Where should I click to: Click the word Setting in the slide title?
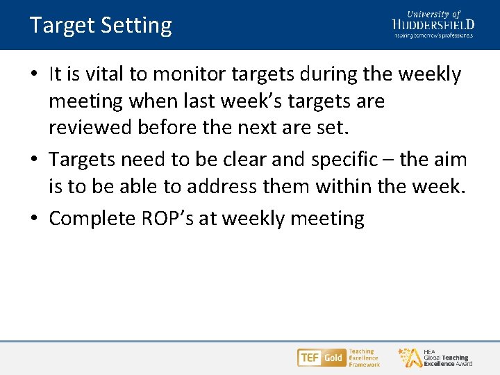(x=136, y=26)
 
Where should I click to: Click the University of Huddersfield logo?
(x=433, y=24)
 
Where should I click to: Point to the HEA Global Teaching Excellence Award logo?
(x=435, y=358)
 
